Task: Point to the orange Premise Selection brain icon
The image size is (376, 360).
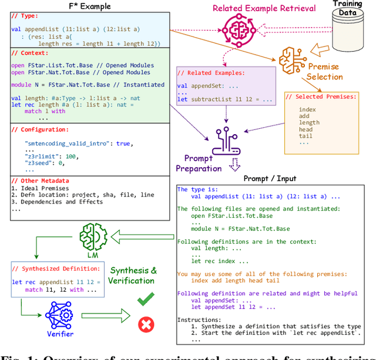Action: point(292,59)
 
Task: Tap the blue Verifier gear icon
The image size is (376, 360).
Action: point(59,314)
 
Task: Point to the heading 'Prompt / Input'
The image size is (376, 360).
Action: point(270,178)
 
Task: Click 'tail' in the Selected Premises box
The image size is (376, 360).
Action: point(305,136)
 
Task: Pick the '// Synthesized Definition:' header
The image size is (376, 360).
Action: point(58,269)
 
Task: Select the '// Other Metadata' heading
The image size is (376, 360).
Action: point(40,181)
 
